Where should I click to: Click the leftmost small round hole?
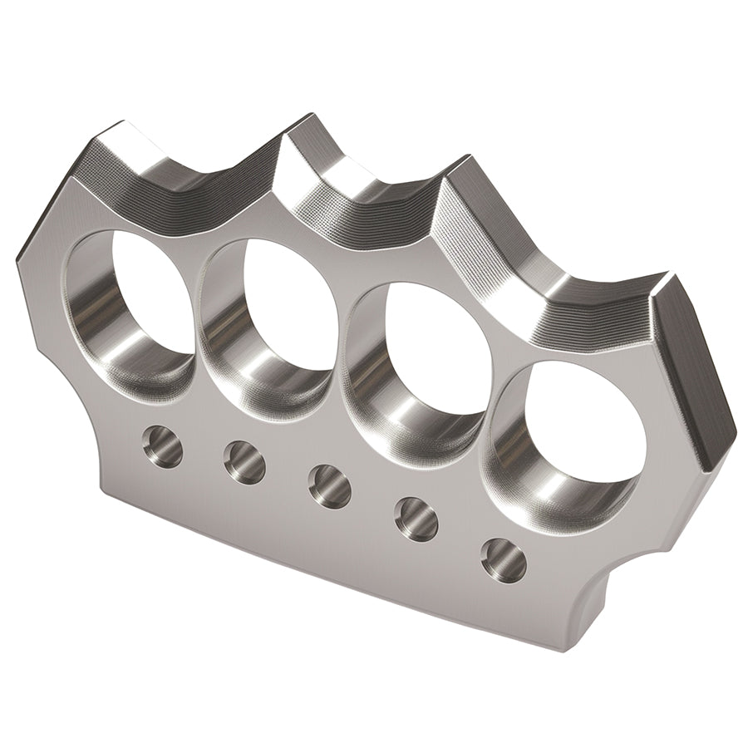[x=162, y=446]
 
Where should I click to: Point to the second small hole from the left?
[x=244, y=462]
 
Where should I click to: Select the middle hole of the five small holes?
[x=329, y=485]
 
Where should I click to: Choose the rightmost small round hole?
[x=503, y=560]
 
